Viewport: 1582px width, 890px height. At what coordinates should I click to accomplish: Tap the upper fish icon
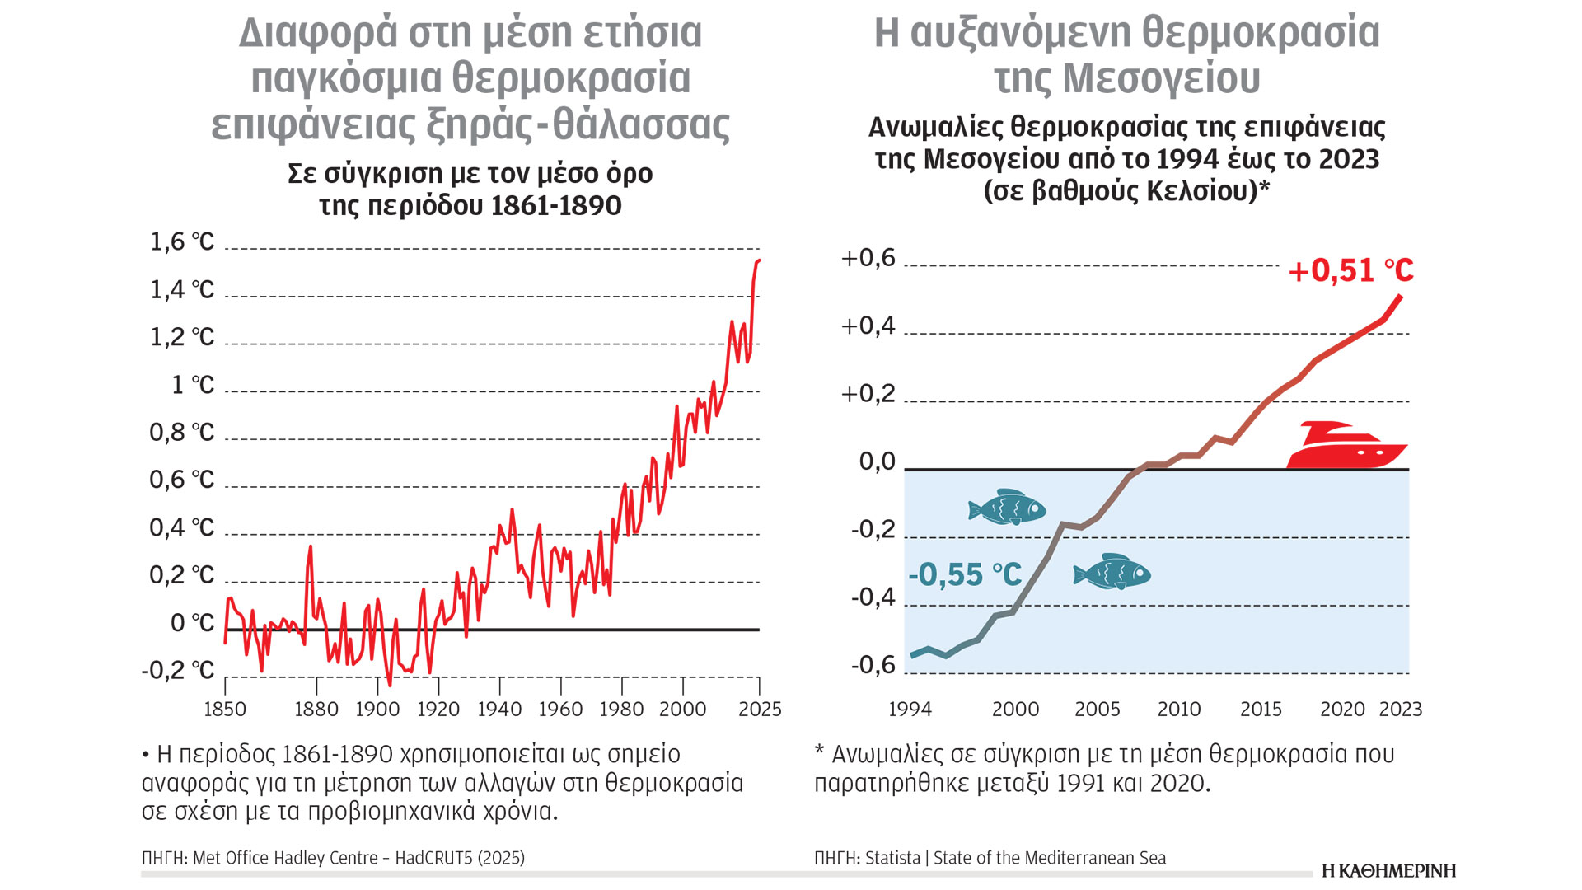pos(1007,508)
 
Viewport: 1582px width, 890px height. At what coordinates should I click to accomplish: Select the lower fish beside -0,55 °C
pos(1112,572)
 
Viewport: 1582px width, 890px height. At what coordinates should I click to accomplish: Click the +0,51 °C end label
pos(1350,270)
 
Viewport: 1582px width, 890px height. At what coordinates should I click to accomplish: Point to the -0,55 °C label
pos(964,574)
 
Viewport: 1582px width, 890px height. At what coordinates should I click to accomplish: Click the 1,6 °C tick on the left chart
pos(181,242)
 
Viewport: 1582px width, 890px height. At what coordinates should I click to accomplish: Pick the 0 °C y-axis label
pos(191,623)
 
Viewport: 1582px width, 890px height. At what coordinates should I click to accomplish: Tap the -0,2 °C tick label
pos(177,671)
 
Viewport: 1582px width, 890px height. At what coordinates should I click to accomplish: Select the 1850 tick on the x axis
pos(225,710)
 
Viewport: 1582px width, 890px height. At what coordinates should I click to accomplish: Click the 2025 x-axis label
pos(760,710)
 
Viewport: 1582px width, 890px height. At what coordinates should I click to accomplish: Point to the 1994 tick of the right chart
pos(910,710)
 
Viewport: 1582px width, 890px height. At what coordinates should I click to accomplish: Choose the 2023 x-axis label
pos(1401,710)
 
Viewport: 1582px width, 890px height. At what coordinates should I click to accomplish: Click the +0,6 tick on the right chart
pos(868,258)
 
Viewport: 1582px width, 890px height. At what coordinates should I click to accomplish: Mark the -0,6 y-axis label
pos(873,665)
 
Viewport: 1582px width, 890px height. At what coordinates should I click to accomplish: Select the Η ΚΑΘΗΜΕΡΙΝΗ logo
pos(1388,871)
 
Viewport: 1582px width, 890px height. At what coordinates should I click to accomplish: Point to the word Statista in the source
pos(892,858)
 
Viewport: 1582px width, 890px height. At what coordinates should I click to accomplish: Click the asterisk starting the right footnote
pos(820,751)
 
